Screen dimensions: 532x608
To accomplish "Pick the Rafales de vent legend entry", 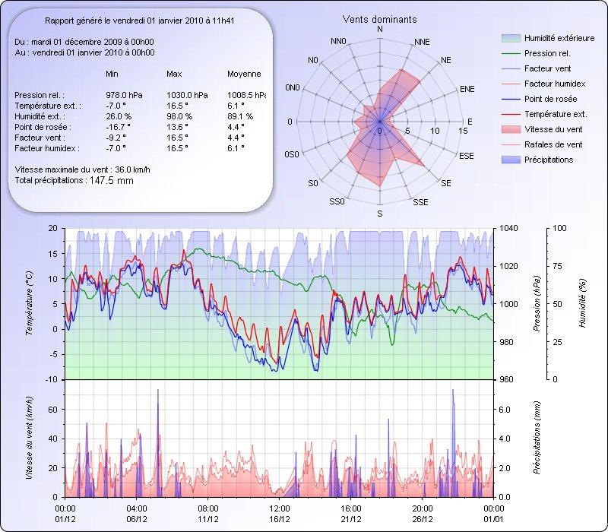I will point(553,144).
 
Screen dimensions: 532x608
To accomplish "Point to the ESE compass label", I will point(467,155).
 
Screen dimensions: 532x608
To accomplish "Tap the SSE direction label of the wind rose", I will point(420,201).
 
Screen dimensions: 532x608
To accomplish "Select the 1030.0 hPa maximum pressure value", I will point(183,95).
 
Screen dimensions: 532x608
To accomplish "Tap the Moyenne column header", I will point(244,74).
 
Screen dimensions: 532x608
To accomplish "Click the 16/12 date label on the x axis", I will point(280,520).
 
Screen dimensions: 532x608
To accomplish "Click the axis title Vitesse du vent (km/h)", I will point(29,438).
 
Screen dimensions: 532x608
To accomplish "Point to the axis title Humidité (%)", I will point(581,303).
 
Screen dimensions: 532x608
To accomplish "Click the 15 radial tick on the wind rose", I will point(463,131).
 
